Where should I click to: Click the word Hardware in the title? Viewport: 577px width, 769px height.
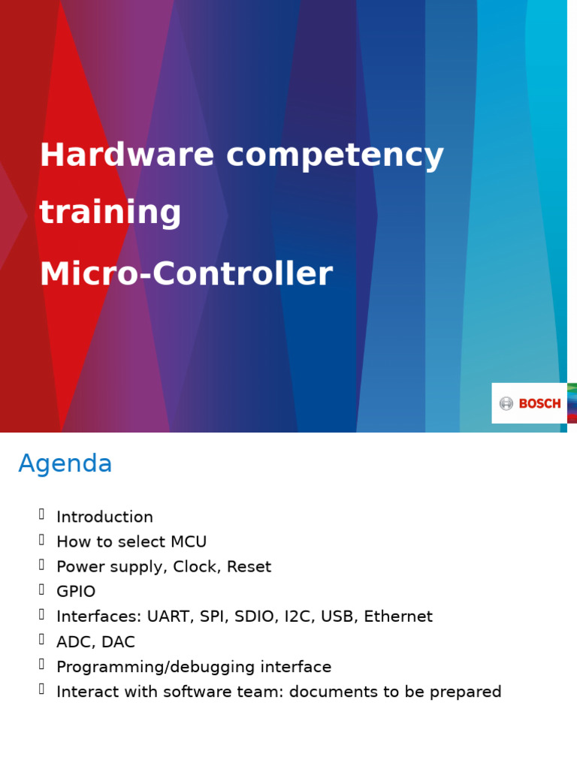pyautogui.click(x=127, y=155)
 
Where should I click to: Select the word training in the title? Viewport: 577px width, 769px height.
pyautogui.click(x=110, y=213)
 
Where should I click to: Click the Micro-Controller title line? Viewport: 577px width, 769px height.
pyautogui.click(x=186, y=274)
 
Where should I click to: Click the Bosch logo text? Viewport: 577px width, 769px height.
pyautogui.click(x=539, y=404)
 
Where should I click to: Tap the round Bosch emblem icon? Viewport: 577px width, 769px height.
pyautogui.click(x=506, y=404)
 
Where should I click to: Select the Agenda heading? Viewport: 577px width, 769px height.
pyautogui.click(x=65, y=464)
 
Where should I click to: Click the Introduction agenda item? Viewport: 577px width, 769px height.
pyautogui.click(x=104, y=517)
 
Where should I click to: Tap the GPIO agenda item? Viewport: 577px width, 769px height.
pyautogui.click(x=76, y=592)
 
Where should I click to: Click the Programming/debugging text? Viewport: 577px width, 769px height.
pyautogui.click(x=156, y=668)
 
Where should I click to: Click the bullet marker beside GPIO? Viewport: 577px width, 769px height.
pyautogui.click(x=41, y=590)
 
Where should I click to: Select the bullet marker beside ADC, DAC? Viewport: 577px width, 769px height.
pyautogui.click(x=41, y=641)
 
